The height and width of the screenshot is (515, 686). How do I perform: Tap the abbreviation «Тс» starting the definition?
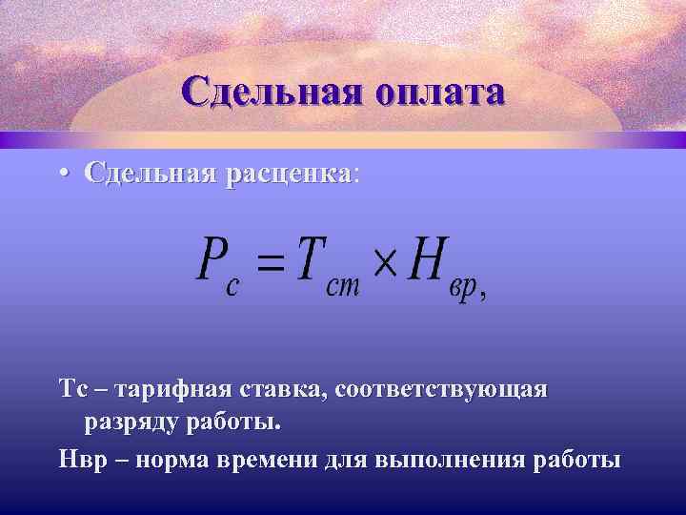tap(72, 390)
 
